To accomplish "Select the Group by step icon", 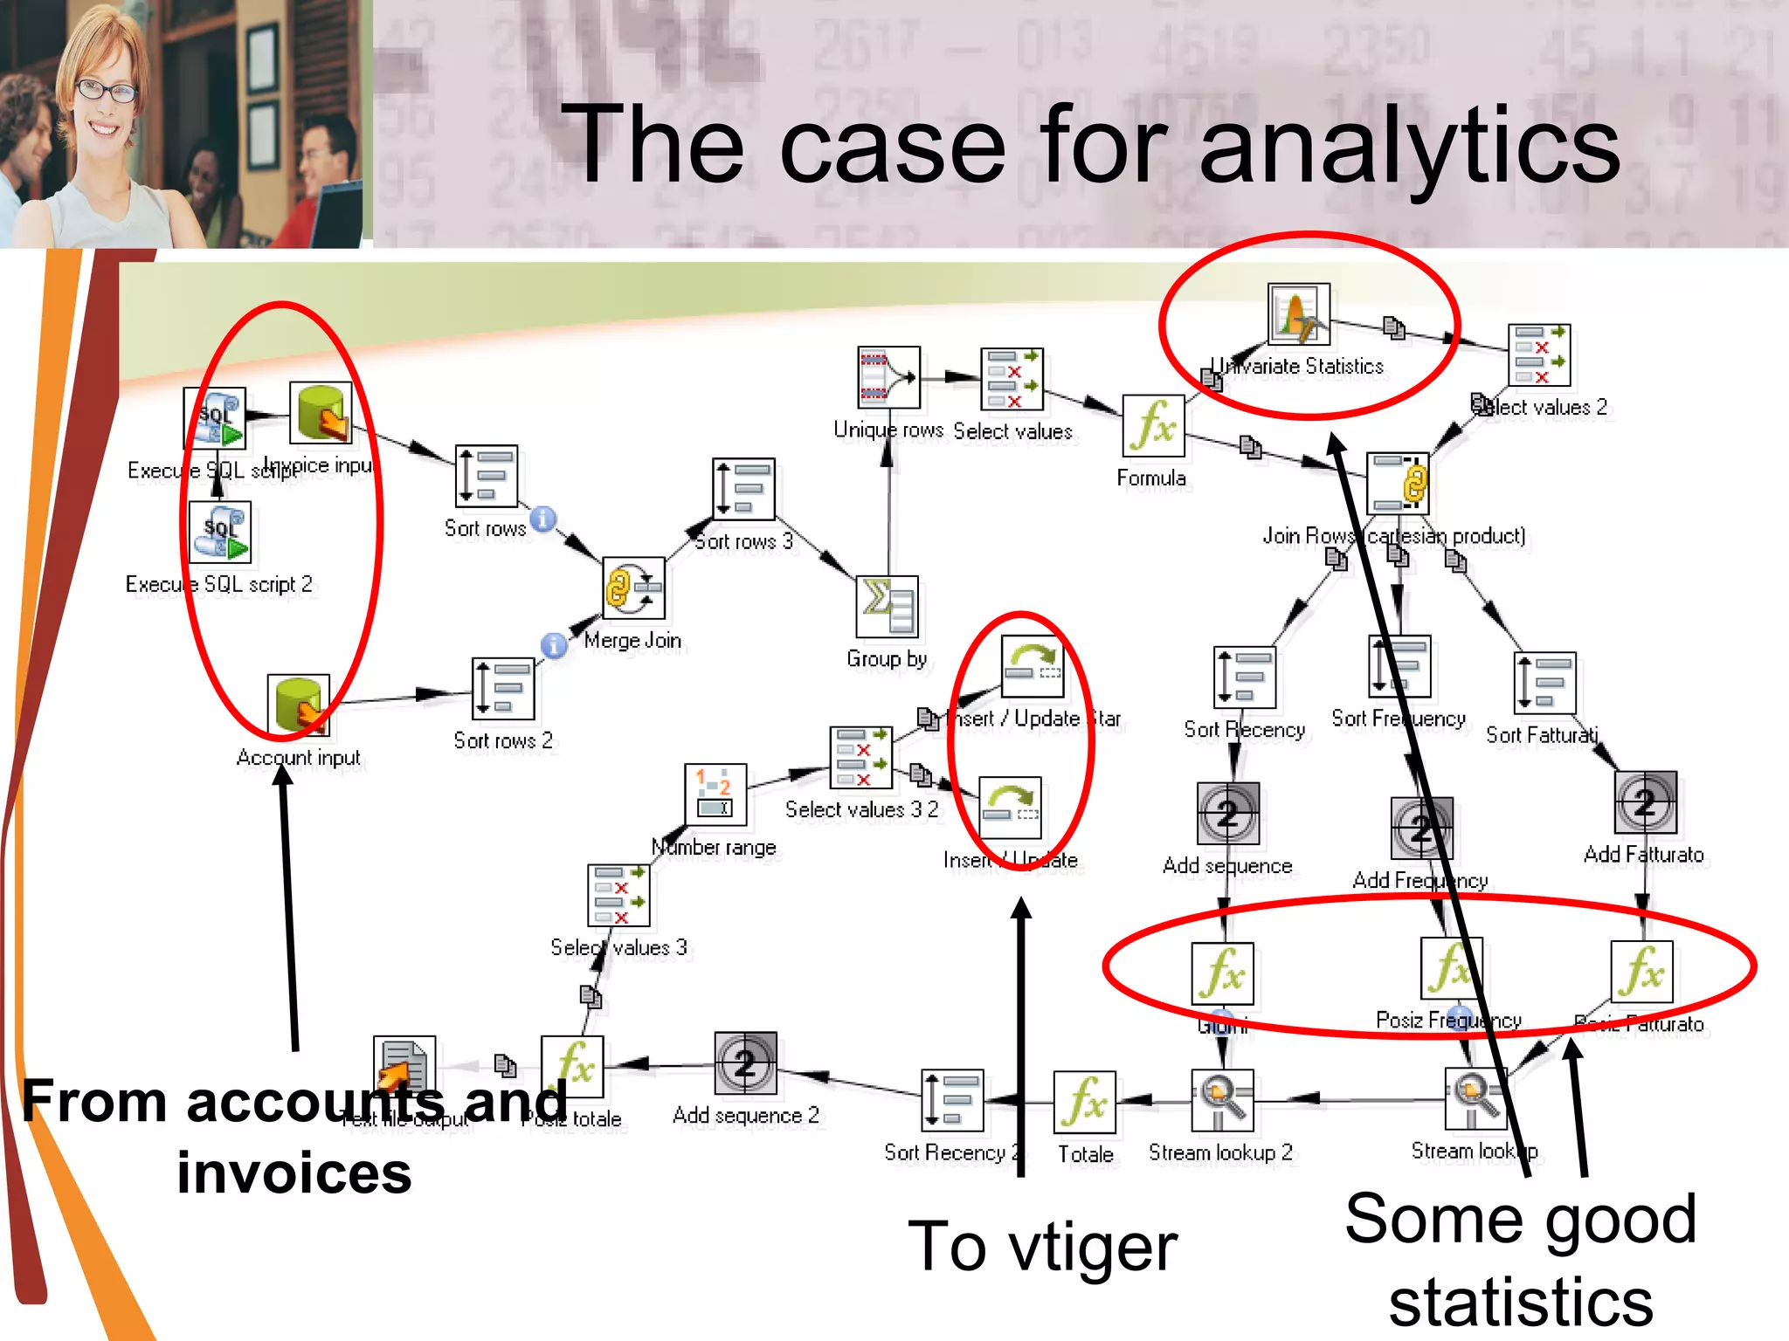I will pos(888,606).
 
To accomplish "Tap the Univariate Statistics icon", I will pos(1299,313).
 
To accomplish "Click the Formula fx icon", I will pos(1153,425).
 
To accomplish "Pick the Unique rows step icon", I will pos(888,377).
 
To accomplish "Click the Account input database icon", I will pos(299,705).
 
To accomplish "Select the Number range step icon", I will pos(715,794).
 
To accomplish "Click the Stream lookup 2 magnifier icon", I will pos(1222,1099).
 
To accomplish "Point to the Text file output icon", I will pos(404,1066).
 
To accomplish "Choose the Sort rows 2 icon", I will pos(503,689).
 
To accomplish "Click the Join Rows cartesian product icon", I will pos(1398,483).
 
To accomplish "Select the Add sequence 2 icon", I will pos(745,1063).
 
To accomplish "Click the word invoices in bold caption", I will pos(294,1173).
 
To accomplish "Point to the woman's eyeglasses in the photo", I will pos(106,90).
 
